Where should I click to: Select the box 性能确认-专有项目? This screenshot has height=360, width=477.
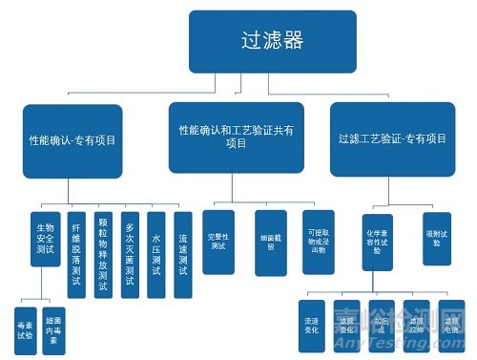pos(73,139)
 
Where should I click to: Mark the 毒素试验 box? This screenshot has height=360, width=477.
pos(26,328)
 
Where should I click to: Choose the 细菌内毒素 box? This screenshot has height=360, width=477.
pos(58,328)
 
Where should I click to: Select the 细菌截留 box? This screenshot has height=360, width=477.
pos(269,243)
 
